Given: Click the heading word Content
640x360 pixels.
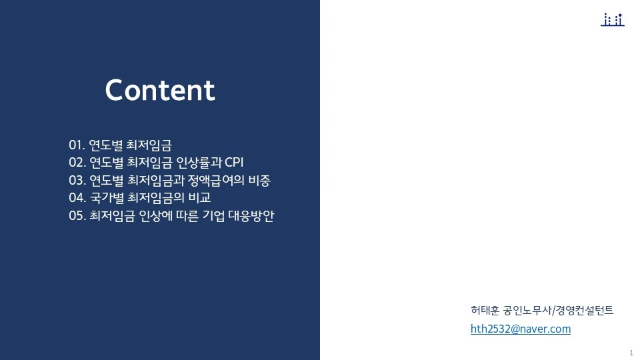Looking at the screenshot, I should coord(160,91).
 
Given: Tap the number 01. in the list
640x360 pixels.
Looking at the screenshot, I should coord(77,145).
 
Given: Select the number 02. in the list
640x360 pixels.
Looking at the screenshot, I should coord(77,163).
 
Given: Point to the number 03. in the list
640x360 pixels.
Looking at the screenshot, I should coord(77,181).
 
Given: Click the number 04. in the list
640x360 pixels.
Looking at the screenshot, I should coord(77,199).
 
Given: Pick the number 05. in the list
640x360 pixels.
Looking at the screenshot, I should coord(77,217).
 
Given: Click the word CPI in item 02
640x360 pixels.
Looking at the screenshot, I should coord(235,163).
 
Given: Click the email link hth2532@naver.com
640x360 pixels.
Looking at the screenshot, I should coord(520,329).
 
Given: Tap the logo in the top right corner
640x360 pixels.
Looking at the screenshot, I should coord(612,20).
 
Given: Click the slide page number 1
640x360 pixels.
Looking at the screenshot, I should coord(631,352).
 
